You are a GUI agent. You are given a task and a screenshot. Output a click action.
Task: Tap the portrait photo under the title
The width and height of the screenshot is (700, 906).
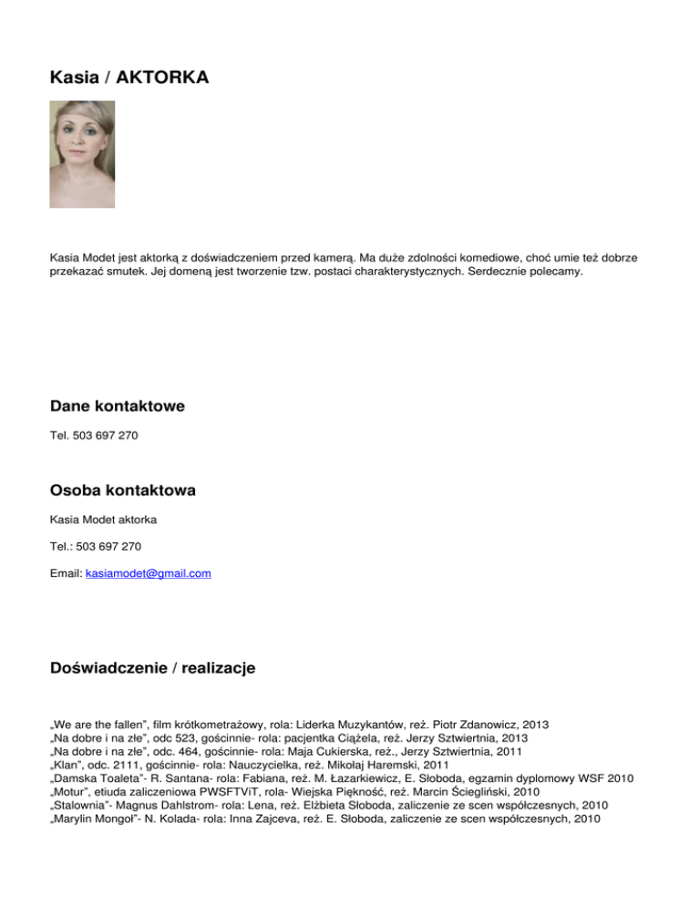click(x=82, y=154)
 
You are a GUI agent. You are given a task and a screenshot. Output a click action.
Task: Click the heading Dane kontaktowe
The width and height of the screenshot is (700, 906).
click(x=118, y=407)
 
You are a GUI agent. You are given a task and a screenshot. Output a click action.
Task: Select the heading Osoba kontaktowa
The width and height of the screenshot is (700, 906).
click(x=123, y=490)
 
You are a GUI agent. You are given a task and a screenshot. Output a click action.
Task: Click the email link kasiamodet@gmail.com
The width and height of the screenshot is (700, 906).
click(x=148, y=572)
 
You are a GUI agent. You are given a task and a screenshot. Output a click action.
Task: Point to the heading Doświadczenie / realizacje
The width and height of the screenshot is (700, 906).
click(x=153, y=668)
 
